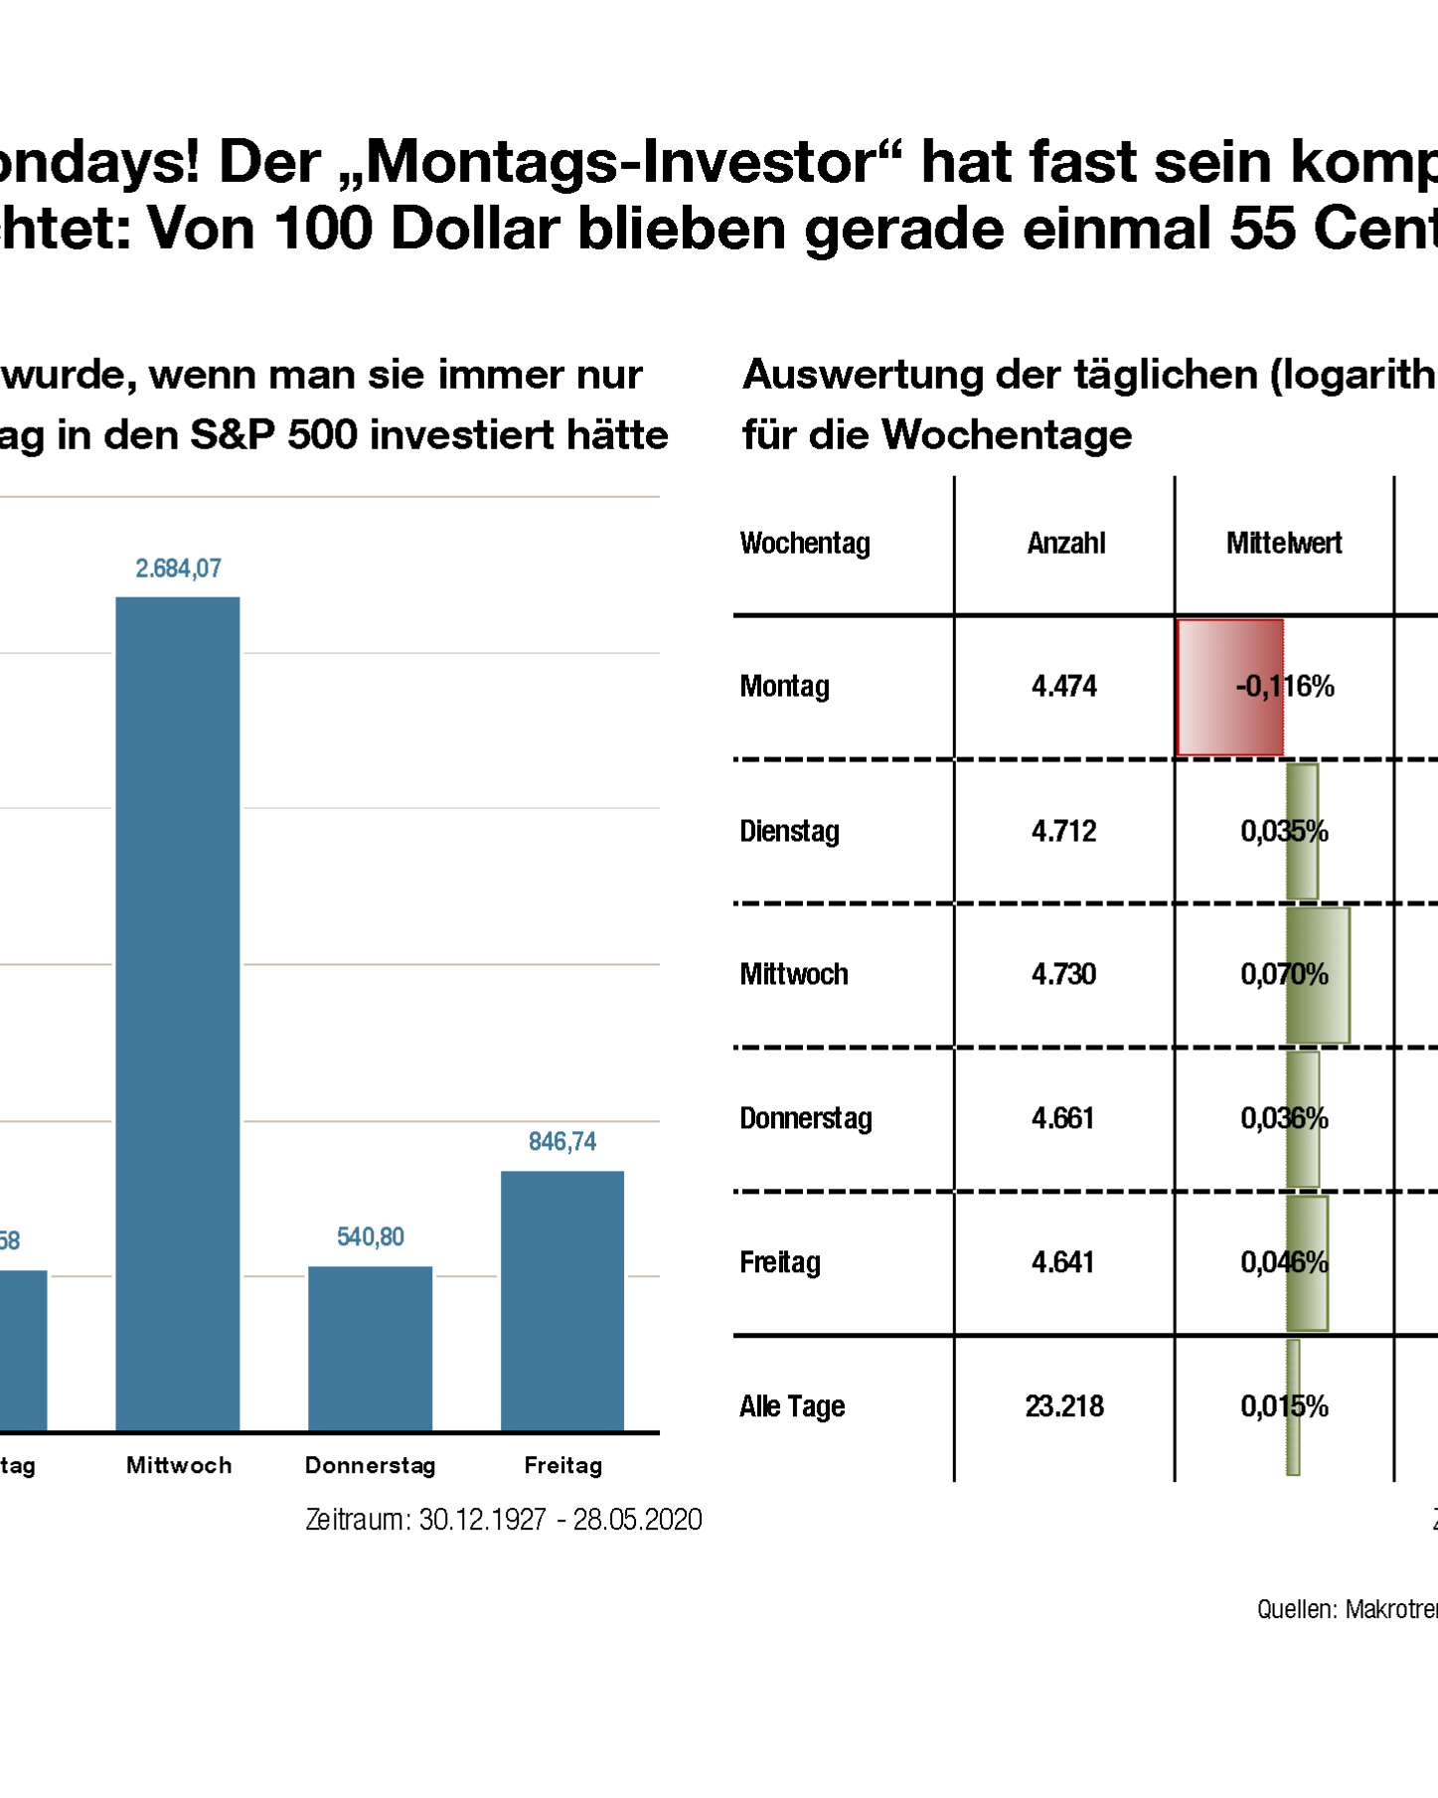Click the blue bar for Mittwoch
tap(178, 1014)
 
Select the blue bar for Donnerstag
tap(370, 1349)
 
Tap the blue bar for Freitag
tap(562, 1301)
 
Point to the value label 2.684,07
tap(179, 569)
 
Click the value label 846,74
tap(562, 1142)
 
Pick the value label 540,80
tap(371, 1237)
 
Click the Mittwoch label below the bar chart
tap(179, 1465)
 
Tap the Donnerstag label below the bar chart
tap(371, 1465)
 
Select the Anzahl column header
tap(1066, 544)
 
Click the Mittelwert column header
tap(1284, 544)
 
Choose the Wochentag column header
tap(805, 544)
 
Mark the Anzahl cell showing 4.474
tap(1064, 687)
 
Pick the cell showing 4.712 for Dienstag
tap(1064, 831)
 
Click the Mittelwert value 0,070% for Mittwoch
tap(1284, 975)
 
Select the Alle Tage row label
tap(792, 1406)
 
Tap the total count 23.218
tap(1064, 1406)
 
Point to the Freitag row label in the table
tap(780, 1262)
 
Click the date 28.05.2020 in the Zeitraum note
tap(638, 1520)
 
